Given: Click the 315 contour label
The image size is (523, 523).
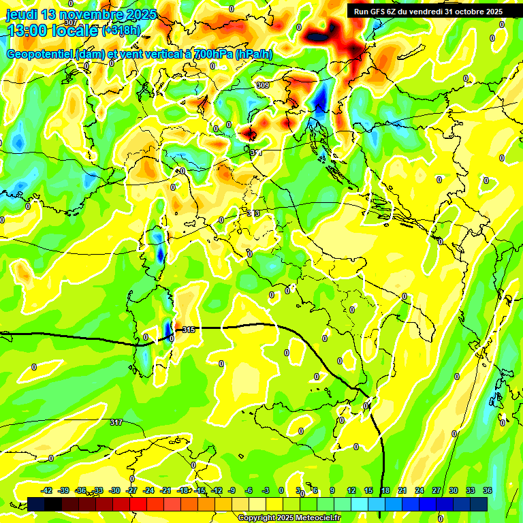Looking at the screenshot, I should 189,330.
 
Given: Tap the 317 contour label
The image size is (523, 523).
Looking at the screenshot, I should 116,422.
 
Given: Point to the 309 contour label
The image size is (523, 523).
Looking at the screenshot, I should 263,84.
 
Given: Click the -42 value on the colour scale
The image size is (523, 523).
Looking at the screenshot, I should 47,490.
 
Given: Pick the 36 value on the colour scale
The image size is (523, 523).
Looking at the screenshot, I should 488,490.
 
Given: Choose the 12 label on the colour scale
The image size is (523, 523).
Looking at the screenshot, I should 351,490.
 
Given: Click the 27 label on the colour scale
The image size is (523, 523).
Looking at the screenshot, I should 437,490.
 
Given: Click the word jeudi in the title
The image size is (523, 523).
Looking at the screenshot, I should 22,14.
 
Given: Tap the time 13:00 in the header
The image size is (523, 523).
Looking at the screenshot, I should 29,31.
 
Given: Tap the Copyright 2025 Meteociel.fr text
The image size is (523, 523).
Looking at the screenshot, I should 289,518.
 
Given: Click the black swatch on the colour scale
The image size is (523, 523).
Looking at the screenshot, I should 53,504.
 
